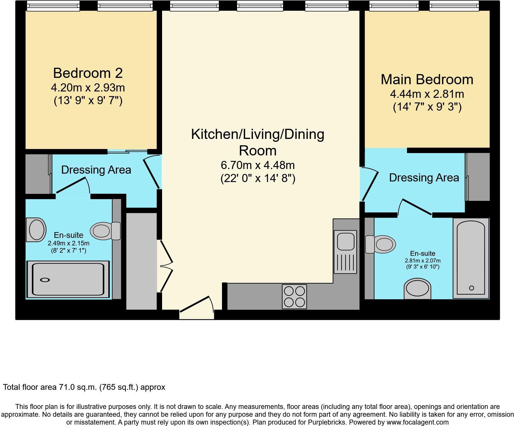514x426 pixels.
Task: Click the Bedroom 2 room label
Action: pos(88,73)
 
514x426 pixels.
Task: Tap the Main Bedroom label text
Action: pos(427,80)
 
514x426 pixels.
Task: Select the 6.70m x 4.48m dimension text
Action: pos(258,165)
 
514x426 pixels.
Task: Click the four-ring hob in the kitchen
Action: pos(294,297)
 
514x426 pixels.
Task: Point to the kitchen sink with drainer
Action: pos(345,251)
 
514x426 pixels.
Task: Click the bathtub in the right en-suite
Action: pos(471,258)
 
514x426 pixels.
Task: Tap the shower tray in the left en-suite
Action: pos(68,279)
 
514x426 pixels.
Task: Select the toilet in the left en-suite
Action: pos(104,231)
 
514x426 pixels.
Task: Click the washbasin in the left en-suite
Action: pos(36,230)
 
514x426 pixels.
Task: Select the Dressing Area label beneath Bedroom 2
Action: pos(96,170)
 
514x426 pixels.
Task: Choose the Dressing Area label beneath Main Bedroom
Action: pos(424,178)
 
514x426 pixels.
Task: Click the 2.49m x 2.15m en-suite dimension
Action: pos(69,243)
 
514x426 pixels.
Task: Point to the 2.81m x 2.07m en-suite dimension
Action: pos(423,261)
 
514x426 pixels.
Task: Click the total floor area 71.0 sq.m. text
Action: pos(84,387)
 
